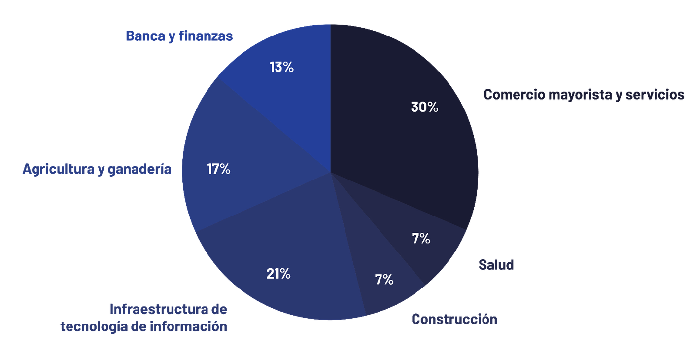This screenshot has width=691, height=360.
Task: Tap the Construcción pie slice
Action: tap(389, 291)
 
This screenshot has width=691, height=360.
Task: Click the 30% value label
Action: tap(424, 107)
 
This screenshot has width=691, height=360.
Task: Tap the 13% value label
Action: tap(281, 67)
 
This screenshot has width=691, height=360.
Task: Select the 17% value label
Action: tap(218, 169)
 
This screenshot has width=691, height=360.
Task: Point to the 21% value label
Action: tap(278, 274)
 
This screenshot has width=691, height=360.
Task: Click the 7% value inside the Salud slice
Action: tap(421, 239)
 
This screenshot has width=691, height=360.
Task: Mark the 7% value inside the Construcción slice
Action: tap(384, 280)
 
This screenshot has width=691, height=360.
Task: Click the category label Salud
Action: tap(496, 265)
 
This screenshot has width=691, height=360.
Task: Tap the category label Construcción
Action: tap(454, 319)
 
